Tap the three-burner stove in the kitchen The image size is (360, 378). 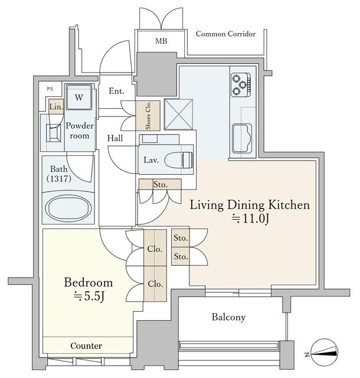pyautogui.click(x=241, y=84)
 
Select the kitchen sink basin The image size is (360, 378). pyautogui.click(x=242, y=138)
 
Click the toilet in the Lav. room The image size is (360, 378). pyautogui.click(x=179, y=160)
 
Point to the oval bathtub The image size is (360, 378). pyautogui.click(x=68, y=208)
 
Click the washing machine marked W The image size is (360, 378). pyautogui.click(x=79, y=97)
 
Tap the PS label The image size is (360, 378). pyautogui.click(x=50, y=89)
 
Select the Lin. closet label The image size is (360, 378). pyautogui.click(x=56, y=106)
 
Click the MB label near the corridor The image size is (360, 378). pyautogui.click(x=161, y=41)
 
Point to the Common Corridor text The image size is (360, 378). pyautogui.click(x=225, y=34)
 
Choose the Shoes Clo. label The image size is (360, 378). pyautogui.click(x=148, y=116)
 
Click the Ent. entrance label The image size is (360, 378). pyautogui.click(x=116, y=91)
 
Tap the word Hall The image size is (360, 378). pyautogui.click(x=115, y=138)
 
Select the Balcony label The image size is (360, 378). pyautogui.click(x=228, y=317)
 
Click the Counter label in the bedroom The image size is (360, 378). pyautogui.click(x=86, y=346)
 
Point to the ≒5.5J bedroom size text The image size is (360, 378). pyautogui.click(x=89, y=296)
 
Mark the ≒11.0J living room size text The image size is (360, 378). pyautogui.click(x=250, y=219)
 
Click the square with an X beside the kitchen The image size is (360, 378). pyautogui.click(x=179, y=114)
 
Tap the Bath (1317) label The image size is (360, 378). pyautogui.click(x=59, y=174)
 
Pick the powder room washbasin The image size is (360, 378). pyautogui.click(x=53, y=133)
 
